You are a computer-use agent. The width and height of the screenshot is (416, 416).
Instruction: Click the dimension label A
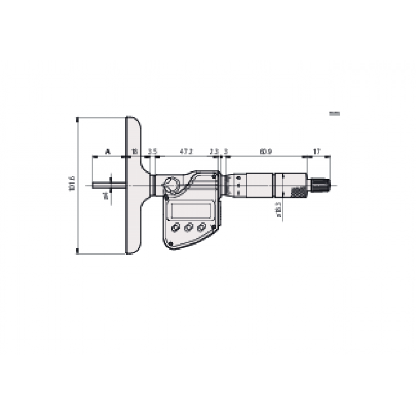point(108,151)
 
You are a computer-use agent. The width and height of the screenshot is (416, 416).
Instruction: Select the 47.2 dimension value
point(186,151)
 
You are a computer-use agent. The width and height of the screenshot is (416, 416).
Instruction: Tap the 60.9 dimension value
point(265,151)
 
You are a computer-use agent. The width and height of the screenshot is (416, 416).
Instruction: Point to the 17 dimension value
point(317,151)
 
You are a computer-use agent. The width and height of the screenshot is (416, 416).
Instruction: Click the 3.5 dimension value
point(153,151)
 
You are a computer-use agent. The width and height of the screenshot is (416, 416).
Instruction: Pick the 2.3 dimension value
point(214,151)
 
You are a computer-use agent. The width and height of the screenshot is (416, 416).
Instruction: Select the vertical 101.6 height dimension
point(72,184)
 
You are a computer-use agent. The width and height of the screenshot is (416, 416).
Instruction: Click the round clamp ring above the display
point(172,184)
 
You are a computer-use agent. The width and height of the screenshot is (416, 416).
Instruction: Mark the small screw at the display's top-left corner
point(166,195)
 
